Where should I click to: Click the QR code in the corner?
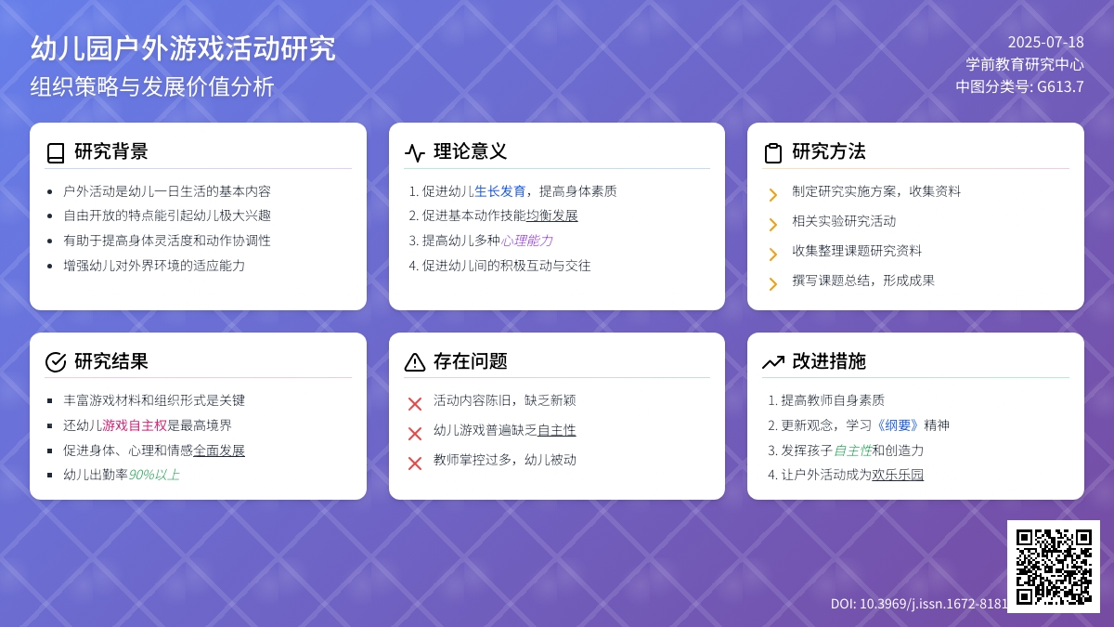pos(1054,567)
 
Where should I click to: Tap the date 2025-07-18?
pos(1045,43)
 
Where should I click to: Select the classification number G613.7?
pos(1060,86)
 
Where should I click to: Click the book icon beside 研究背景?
pos(56,152)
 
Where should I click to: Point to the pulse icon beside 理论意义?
pos(415,152)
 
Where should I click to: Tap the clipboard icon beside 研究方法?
pos(772,152)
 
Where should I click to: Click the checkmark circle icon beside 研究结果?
pos(56,361)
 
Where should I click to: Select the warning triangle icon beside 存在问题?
pos(415,361)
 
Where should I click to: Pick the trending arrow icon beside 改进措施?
pos(773,362)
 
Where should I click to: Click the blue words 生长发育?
pos(499,191)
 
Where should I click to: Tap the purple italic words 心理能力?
pos(526,241)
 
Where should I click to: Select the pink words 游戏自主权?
pos(135,425)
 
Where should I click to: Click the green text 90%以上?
pos(154,475)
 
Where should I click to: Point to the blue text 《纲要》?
pos(898,425)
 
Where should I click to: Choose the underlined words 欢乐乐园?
pos(898,475)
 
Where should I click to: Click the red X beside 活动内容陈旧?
pos(415,403)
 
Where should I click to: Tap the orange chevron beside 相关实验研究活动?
pos(772,225)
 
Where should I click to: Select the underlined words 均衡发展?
pos(552,216)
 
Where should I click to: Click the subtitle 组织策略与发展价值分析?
pos(152,86)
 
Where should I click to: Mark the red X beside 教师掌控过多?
pos(415,464)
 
